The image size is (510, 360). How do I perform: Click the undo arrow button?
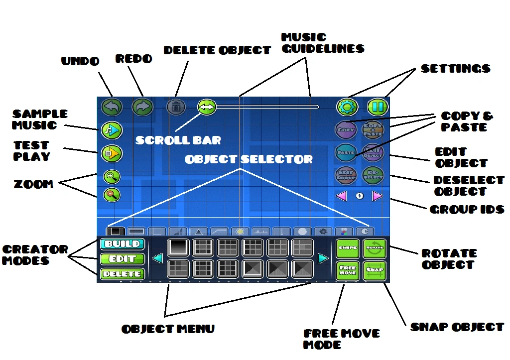(x=112, y=107)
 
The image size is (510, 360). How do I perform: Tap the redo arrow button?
(x=142, y=107)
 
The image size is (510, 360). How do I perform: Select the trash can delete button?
(x=176, y=106)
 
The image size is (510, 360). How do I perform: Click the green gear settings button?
(x=347, y=107)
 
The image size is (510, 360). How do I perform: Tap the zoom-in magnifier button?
(x=112, y=177)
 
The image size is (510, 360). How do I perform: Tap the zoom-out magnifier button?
(x=112, y=195)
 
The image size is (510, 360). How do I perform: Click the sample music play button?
(x=112, y=130)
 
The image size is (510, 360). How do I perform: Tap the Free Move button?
(x=348, y=270)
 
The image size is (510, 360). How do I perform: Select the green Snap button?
(x=375, y=270)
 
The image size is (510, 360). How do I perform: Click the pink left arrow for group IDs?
(x=341, y=196)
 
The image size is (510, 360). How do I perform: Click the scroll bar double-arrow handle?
(x=207, y=107)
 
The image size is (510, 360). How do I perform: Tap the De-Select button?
(x=373, y=174)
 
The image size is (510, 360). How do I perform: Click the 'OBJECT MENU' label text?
(x=168, y=329)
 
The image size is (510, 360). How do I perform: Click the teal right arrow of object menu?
(x=323, y=258)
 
